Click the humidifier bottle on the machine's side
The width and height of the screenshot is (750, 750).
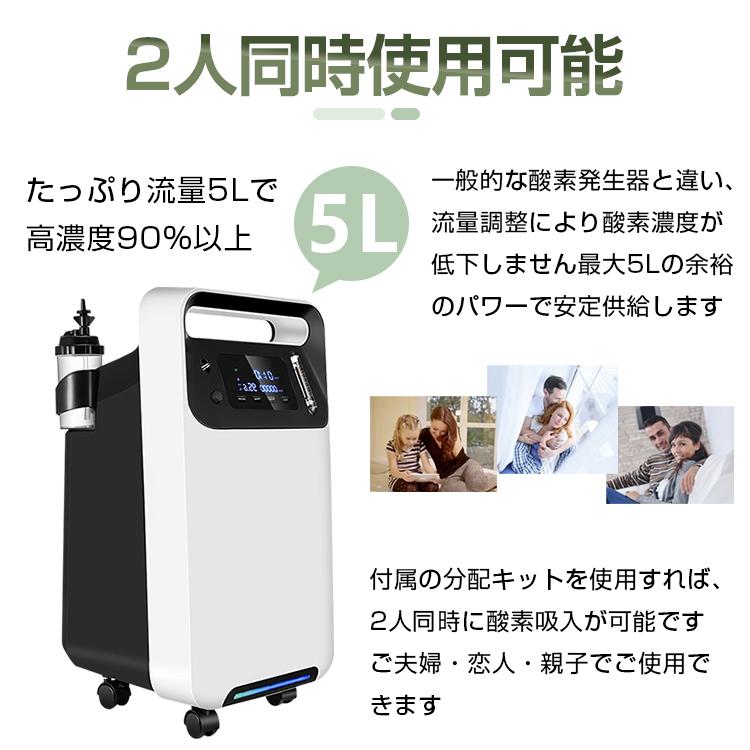pos(77,380)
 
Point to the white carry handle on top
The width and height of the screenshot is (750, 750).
pos(232,327)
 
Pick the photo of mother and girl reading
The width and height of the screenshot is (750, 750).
pos(433,444)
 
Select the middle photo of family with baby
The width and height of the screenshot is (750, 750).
pos(551,419)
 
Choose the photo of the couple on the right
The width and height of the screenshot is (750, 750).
pos(669,454)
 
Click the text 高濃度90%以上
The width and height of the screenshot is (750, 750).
pos(141,239)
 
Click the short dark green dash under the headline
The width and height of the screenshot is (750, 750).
pos(405,114)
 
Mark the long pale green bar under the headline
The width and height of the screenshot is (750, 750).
pos(349,114)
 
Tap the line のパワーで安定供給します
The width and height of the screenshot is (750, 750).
pos(575,306)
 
